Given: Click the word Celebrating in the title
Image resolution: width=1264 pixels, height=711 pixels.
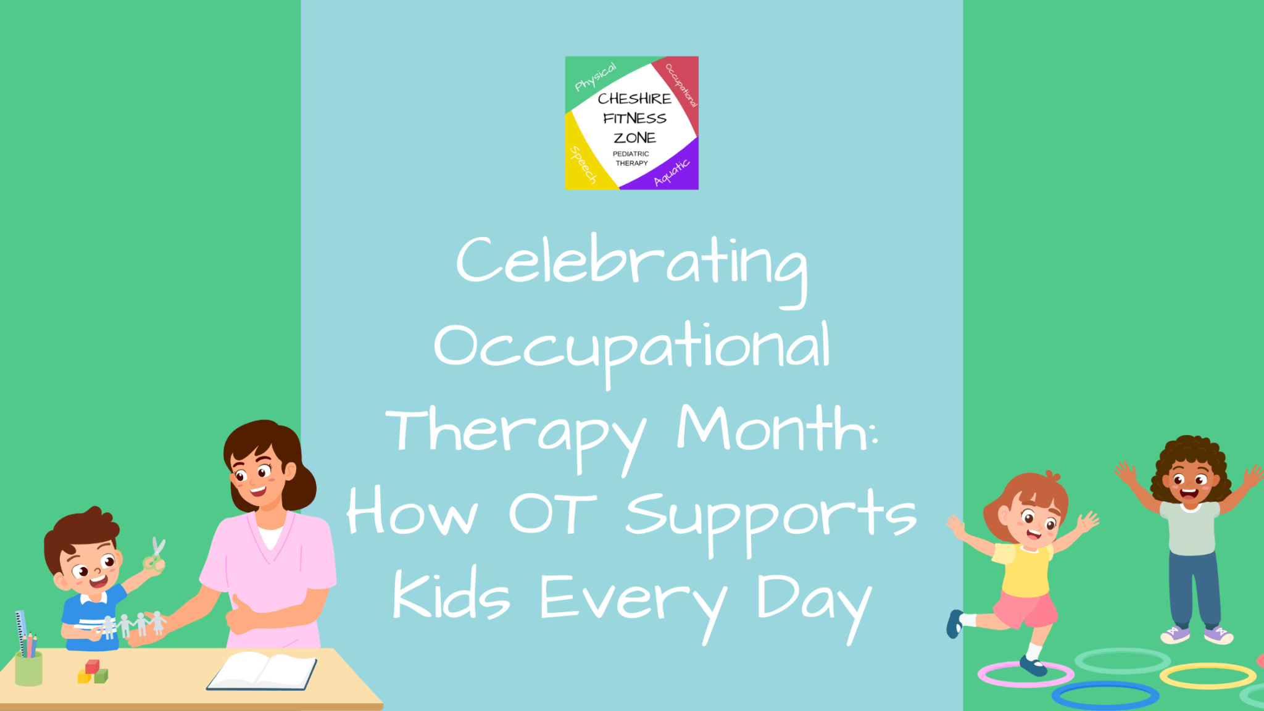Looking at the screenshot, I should pyautogui.click(x=631, y=262).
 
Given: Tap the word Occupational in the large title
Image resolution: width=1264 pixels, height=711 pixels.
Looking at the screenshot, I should pyautogui.click(x=632, y=347).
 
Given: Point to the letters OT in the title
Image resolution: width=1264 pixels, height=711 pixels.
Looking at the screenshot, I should pyautogui.click(x=552, y=513).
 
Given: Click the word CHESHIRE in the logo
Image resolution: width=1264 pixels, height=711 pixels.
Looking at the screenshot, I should pyautogui.click(x=634, y=99).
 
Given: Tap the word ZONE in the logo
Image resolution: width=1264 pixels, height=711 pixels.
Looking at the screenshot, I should pyautogui.click(x=634, y=138).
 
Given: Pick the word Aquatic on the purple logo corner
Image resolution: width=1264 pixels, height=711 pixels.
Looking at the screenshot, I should pyautogui.click(x=671, y=172).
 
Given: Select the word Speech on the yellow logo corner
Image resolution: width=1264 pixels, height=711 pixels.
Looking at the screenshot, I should pyautogui.click(x=583, y=165).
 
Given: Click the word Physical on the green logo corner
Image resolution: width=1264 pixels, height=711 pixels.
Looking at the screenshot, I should pyautogui.click(x=595, y=77).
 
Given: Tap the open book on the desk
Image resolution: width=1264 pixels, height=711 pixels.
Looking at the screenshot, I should pyautogui.click(x=262, y=671).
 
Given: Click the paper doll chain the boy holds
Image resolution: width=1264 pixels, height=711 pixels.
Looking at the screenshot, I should pyautogui.click(x=133, y=625).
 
